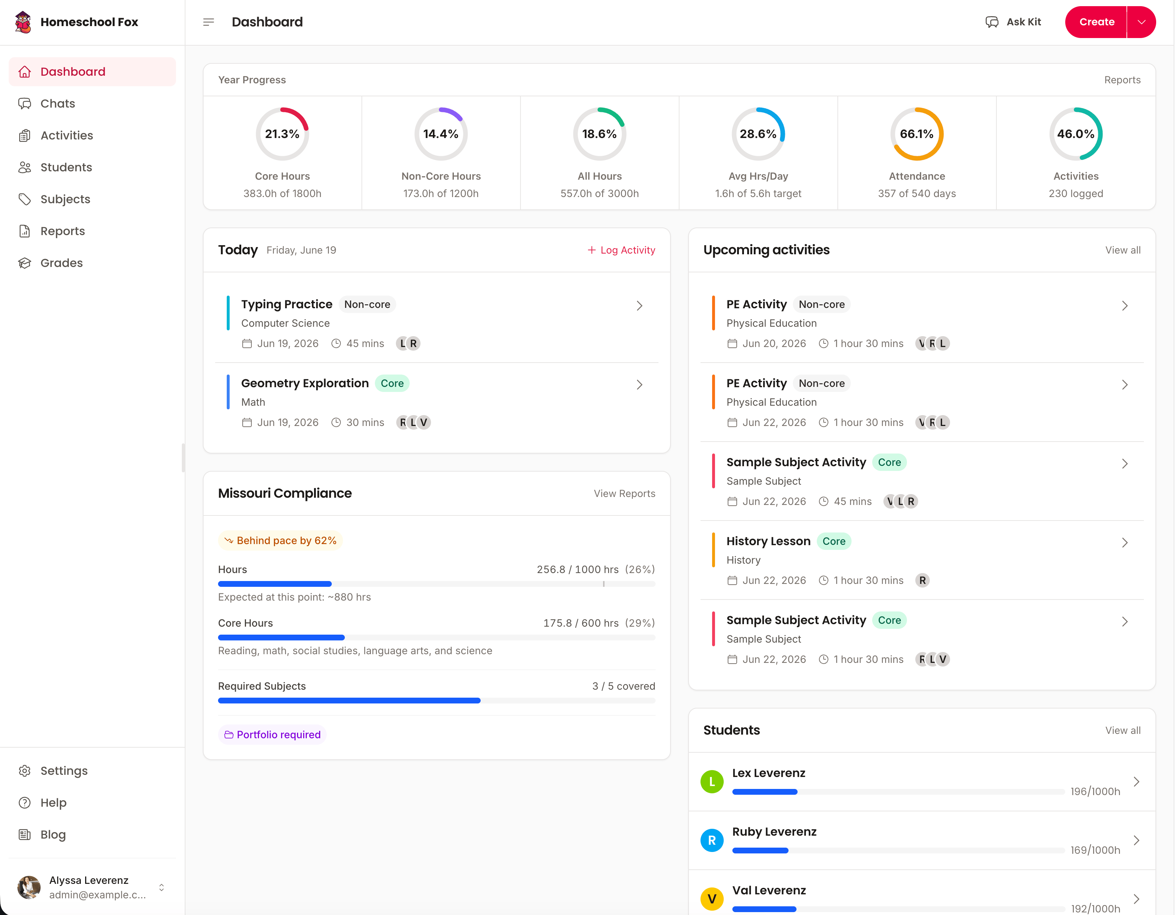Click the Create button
(x=1096, y=22)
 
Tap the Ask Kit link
(x=1013, y=22)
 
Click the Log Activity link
(x=622, y=250)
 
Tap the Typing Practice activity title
(x=287, y=305)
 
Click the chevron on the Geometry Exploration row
(x=639, y=385)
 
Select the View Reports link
(x=624, y=494)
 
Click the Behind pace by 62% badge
(x=280, y=540)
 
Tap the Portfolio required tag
(x=272, y=735)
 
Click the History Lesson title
(x=768, y=541)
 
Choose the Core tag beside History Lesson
(x=834, y=541)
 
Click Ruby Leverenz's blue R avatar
(x=712, y=840)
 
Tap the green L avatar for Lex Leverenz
(x=712, y=782)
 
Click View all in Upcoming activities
(x=1123, y=250)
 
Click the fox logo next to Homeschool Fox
(x=22, y=22)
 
